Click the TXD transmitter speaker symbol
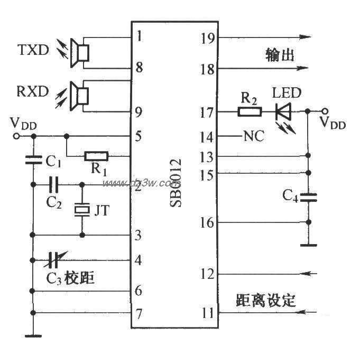click(82, 53)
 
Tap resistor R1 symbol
click(97, 155)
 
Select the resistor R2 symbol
click(250, 111)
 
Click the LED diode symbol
click(283, 111)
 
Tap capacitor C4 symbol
click(309, 198)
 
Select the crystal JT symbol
click(82, 210)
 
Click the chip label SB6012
click(176, 182)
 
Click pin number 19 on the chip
click(208, 38)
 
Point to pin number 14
click(208, 137)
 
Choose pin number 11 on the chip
click(208, 313)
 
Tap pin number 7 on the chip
click(138, 314)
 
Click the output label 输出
click(279, 55)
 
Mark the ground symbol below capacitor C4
click(309, 245)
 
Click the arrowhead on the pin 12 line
click(311, 273)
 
